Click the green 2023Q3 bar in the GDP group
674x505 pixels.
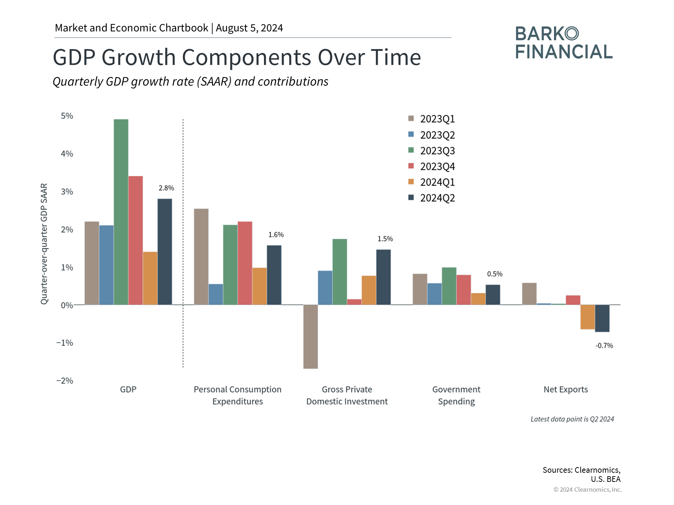click(x=121, y=212)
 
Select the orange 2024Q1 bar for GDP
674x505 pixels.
click(x=150, y=278)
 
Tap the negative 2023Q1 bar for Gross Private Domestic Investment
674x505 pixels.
click(x=311, y=337)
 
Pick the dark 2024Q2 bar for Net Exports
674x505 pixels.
click(x=602, y=318)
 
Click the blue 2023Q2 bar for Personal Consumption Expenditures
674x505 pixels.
click(x=216, y=294)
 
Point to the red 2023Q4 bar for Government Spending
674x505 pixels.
click(x=464, y=290)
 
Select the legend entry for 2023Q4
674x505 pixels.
click(x=431, y=166)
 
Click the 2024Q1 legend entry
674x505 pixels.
click(x=431, y=182)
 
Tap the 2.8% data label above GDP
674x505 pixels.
click(x=166, y=188)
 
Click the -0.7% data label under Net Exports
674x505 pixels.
click(x=604, y=345)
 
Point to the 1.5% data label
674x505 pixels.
click(x=385, y=239)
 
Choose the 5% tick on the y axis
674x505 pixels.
click(x=67, y=116)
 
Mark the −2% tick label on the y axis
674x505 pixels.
click(x=65, y=381)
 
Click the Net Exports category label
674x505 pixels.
click(x=566, y=389)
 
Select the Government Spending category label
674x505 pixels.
click(x=456, y=395)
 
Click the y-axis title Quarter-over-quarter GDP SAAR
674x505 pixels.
click(x=44, y=244)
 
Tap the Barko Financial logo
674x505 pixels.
click(x=564, y=42)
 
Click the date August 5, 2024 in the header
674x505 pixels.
click(x=249, y=28)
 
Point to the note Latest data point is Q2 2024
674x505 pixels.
click(x=572, y=419)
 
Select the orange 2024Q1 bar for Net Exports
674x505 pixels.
click(x=588, y=317)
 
